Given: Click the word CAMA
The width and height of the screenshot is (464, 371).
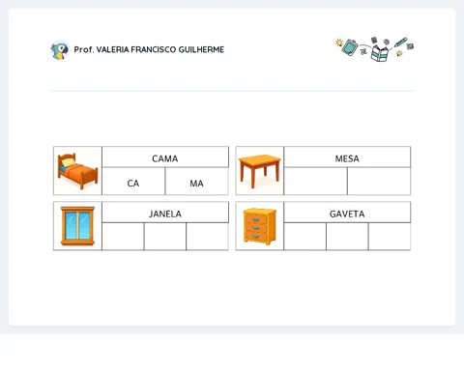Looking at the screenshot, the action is tap(164, 158).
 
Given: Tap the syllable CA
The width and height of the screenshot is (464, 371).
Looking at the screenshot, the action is tap(133, 184).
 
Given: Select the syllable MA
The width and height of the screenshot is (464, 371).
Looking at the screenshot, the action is tap(196, 184).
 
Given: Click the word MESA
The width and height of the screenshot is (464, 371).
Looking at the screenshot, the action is tap(347, 158).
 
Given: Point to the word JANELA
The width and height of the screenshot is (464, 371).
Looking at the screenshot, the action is tap(165, 214).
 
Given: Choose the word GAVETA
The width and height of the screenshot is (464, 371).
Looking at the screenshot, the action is tap(347, 214).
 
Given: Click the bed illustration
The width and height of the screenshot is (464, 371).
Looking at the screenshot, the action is tap(77, 171).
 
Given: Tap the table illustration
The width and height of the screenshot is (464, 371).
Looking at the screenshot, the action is tap(260, 171).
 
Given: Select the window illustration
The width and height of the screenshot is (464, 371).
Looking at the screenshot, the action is tap(77, 226).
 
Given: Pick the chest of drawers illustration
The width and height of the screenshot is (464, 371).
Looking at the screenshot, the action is tap(260, 226).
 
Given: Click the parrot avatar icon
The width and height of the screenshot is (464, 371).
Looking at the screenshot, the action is tap(60, 50).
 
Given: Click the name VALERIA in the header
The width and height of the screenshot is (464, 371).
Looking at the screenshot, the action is tap(112, 49).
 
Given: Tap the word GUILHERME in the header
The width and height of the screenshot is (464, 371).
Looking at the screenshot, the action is tap(201, 49).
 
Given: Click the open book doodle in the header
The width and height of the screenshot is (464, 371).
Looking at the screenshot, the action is tap(379, 53).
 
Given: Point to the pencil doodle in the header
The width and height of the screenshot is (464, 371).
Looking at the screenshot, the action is tap(400, 43).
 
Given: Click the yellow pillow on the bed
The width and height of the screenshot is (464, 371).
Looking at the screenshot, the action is tap(68, 162).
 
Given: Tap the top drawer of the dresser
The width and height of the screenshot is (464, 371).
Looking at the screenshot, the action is tap(255, 219).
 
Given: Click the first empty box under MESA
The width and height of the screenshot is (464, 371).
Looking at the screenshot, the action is tap(316, 181).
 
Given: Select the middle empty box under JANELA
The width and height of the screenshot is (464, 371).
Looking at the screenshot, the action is tap(165, 236).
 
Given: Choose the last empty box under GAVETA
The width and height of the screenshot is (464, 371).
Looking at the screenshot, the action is tap(390, 236).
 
